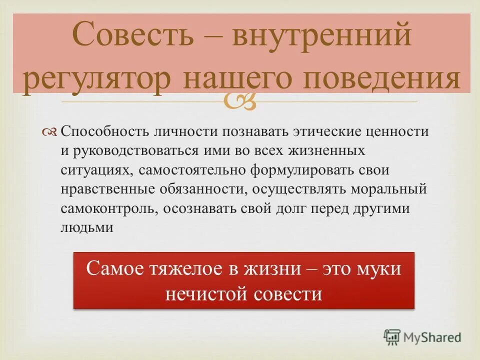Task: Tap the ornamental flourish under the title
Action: [x=240, y=101]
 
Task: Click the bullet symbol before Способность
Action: [x=50, y=132]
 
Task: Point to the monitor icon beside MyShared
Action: [x=392, y=337]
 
